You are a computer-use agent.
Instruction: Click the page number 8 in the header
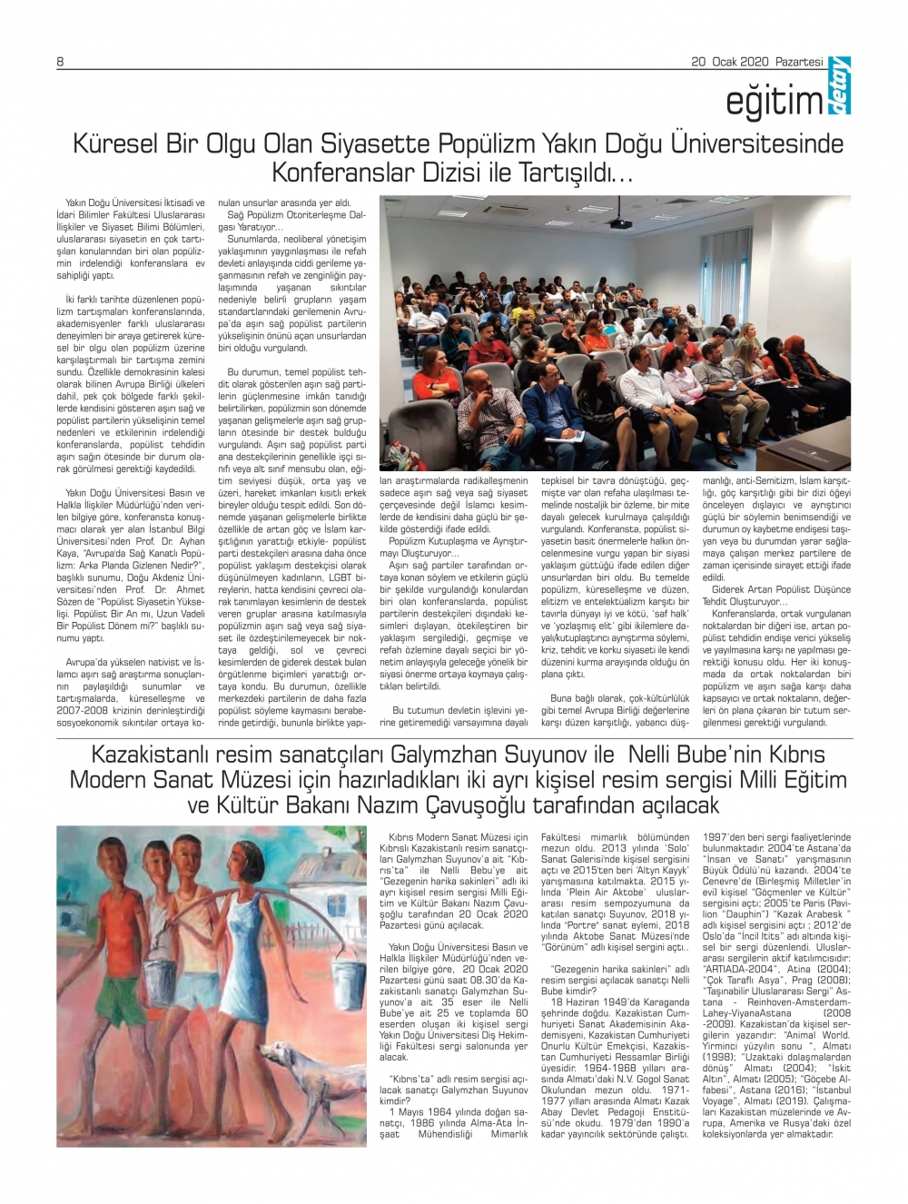pyautogui.click(x=60, y=62)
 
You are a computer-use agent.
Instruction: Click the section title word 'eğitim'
pyautogui.click(x=773, y=103)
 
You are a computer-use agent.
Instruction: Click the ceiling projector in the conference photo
pyautogui.click(x=621, y=222)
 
